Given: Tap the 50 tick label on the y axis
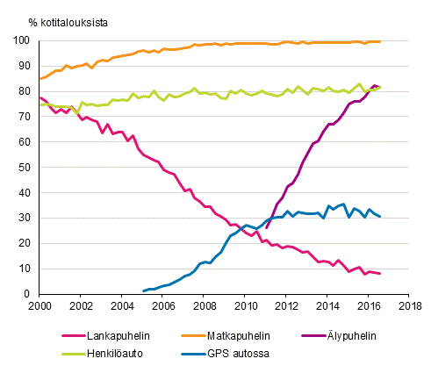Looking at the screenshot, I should (28, 168).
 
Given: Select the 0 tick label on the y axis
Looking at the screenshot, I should (31, 294).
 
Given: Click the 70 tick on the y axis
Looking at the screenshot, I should (28, 117).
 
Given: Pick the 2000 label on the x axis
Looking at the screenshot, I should (40, 305).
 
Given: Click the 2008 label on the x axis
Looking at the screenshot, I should (205, 305).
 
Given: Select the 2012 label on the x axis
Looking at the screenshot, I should (287, 305).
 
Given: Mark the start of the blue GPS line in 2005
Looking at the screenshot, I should (143, 291).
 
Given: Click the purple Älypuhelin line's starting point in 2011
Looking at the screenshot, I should (267, 227).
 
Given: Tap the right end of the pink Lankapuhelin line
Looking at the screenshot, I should (380, 274).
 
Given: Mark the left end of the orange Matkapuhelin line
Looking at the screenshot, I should (40, 79).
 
